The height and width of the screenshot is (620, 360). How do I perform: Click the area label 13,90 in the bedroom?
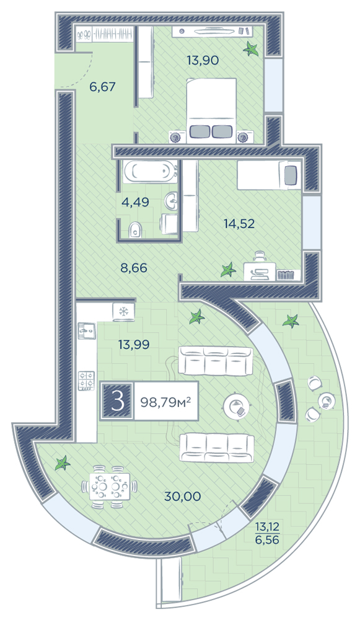(203, 60)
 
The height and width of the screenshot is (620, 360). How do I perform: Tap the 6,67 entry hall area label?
(102, 86)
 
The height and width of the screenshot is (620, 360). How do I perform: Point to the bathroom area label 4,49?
(136, 202)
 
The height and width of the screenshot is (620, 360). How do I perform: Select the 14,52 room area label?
(239, 224)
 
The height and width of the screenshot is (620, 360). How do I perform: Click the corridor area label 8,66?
(134, 268)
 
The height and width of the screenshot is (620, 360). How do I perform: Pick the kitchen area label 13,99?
(134, 344)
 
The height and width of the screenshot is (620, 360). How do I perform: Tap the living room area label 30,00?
(183, 496)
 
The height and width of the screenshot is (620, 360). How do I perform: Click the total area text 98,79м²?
(166, 402)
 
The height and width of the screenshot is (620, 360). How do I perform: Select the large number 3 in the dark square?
(117, 401)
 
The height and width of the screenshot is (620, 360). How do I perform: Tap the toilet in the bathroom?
(136, 229)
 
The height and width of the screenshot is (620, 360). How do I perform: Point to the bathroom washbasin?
(171, 201)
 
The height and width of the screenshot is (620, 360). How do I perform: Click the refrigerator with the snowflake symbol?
(124, 311)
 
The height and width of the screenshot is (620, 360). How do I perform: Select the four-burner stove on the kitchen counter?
(87, 380)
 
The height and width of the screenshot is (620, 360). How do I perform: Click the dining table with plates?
(109, 486)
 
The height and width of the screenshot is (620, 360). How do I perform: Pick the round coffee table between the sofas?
(236, 407)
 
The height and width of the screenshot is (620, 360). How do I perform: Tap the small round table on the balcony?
(327, 401)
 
